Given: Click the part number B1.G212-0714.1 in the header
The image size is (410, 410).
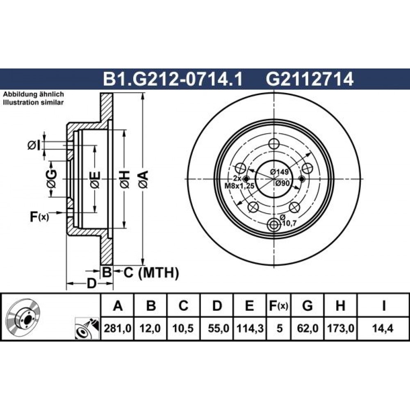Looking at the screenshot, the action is (173, 79).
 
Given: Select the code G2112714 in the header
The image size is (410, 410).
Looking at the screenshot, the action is (310, 79).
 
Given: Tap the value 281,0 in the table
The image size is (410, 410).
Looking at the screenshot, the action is (117, 328).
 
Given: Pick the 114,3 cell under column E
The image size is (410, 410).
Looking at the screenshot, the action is (249, 328).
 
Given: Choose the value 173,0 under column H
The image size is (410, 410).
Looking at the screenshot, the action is (340, 328).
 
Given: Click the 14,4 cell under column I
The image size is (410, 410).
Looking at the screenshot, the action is (383, 328).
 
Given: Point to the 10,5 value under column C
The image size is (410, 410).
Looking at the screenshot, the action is (183, 328).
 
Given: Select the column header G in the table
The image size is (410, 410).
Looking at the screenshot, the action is (307, 305).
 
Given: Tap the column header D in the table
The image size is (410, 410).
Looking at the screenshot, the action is (217, 305).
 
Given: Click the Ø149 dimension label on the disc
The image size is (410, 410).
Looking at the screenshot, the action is (279, 172).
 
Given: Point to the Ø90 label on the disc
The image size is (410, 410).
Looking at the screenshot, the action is (282, 183).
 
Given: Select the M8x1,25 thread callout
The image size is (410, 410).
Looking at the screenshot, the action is (239, 186).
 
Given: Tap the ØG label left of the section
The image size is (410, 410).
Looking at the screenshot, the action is (51, 179).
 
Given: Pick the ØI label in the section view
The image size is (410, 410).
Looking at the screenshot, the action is (34, 146).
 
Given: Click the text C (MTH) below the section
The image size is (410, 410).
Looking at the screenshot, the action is (151, 273).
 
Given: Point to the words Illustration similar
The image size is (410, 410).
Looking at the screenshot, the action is (33, 102).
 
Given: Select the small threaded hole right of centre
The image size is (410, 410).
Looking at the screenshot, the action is (302, 179).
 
